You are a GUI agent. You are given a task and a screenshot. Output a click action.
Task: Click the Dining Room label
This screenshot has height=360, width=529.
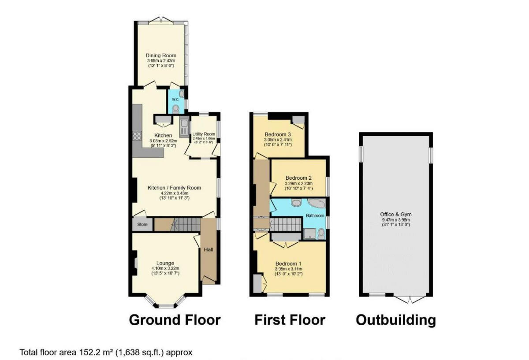click(x=161, y=56)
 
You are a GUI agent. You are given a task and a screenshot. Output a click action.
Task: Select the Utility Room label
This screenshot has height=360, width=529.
click(x=203, y=134)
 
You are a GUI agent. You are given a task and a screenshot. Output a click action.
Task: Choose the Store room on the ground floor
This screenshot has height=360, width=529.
click(x=142, y=224)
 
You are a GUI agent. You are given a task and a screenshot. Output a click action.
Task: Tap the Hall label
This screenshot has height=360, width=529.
click(x=208, y=250)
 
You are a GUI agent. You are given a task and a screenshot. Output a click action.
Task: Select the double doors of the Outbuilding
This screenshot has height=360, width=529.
click(x=410, y=300)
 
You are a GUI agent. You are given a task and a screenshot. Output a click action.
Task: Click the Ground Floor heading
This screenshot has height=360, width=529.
click(x=175, y=320)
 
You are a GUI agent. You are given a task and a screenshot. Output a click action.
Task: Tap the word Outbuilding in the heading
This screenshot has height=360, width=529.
click(x=396, y=320)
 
